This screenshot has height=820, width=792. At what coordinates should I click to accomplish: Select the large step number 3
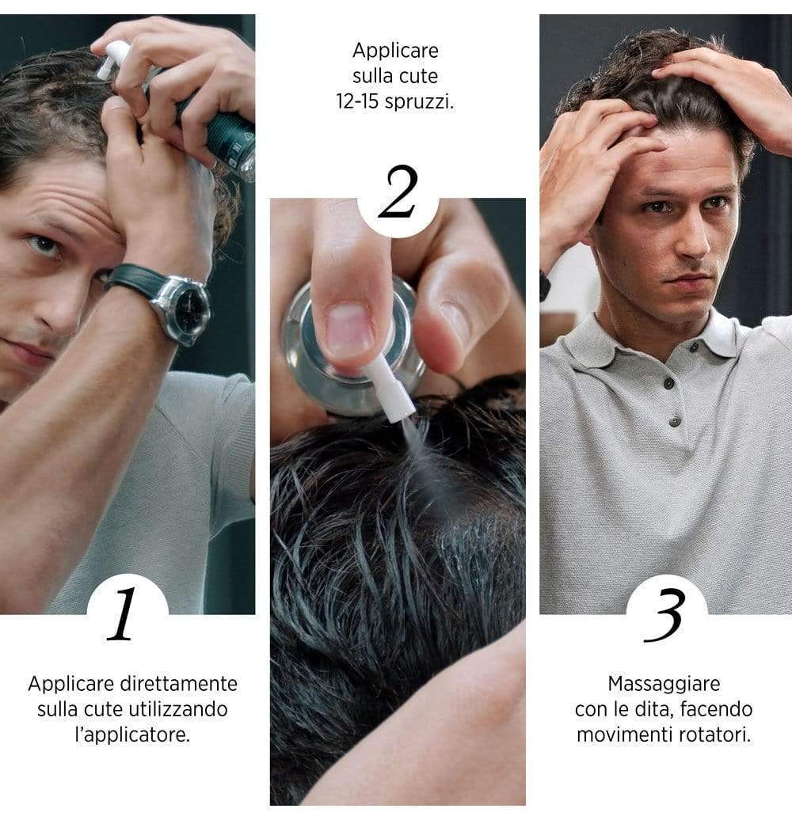click(x=664, y=616)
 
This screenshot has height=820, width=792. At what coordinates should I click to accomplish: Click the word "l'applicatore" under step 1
click(x=132, y=734)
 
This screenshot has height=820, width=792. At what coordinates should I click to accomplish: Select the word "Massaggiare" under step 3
click(x=664, y=682)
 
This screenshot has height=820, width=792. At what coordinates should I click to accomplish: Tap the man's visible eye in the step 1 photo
click(x=44, y=245)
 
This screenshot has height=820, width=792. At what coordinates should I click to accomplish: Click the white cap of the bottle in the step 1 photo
click(x=113, y=60)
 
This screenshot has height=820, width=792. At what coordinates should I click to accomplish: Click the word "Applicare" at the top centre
click(x=395, y=51)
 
